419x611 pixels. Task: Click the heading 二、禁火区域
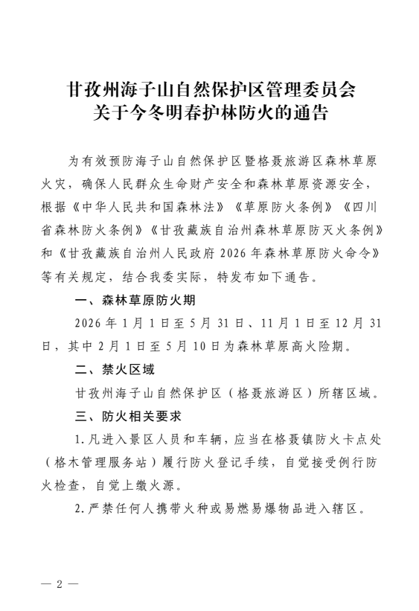pos(115,368)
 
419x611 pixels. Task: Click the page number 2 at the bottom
pos(58,583)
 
